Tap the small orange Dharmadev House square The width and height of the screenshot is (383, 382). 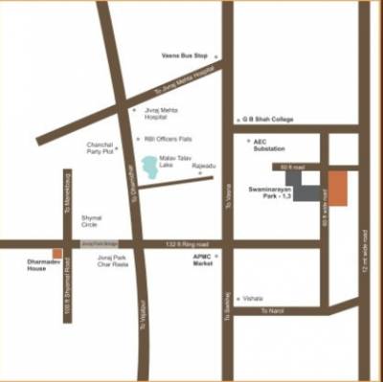[57, 254]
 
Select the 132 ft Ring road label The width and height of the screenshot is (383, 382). [188, 244]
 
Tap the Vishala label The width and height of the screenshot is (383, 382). [254, 298]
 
